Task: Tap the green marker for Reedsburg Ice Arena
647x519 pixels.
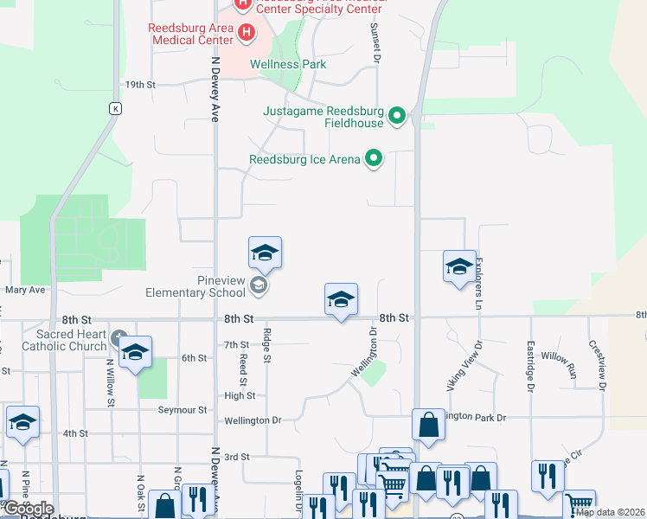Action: (x=374, y=158)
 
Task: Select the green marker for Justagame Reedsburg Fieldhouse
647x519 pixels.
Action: (x=397, y=115)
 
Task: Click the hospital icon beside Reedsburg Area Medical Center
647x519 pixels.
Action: (x=247, y=34)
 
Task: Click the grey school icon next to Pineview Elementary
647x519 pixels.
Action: (x=258, y=285)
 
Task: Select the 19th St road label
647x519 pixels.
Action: (x=139, y=85)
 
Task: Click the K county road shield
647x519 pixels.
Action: (x=115, y=108)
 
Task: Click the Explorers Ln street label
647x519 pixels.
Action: (x=477, y=283)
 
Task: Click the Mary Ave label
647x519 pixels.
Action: (x=24, y=291)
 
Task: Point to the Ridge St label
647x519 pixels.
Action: (x=267, y=346)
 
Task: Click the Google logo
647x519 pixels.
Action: (x=29, y=509)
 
